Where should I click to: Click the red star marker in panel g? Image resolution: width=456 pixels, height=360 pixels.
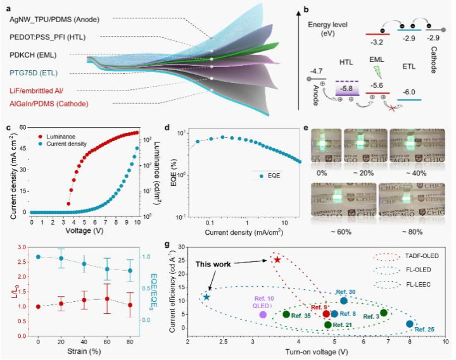277,260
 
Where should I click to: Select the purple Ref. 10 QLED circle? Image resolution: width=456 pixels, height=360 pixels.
262,314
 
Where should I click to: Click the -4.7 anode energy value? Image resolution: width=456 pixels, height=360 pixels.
316,71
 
